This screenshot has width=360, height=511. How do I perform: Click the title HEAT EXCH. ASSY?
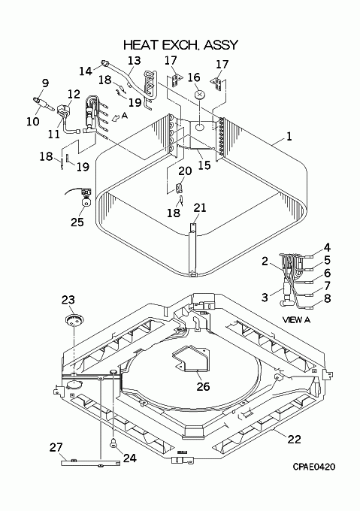coord(181,45)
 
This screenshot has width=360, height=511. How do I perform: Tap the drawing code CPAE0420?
coord(313,467)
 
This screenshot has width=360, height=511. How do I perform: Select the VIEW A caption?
coord(296,320)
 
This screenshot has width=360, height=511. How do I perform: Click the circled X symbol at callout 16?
coord(200,95)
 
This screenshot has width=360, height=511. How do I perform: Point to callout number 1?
coord(289,137)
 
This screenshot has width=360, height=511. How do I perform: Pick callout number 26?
coord(203,386)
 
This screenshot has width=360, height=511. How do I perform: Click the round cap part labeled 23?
coord(74,319)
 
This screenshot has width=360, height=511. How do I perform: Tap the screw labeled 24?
coord(113,443)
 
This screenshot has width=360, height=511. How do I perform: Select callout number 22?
coord(294,440)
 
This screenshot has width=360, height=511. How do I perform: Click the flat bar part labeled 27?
coord(90,463)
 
